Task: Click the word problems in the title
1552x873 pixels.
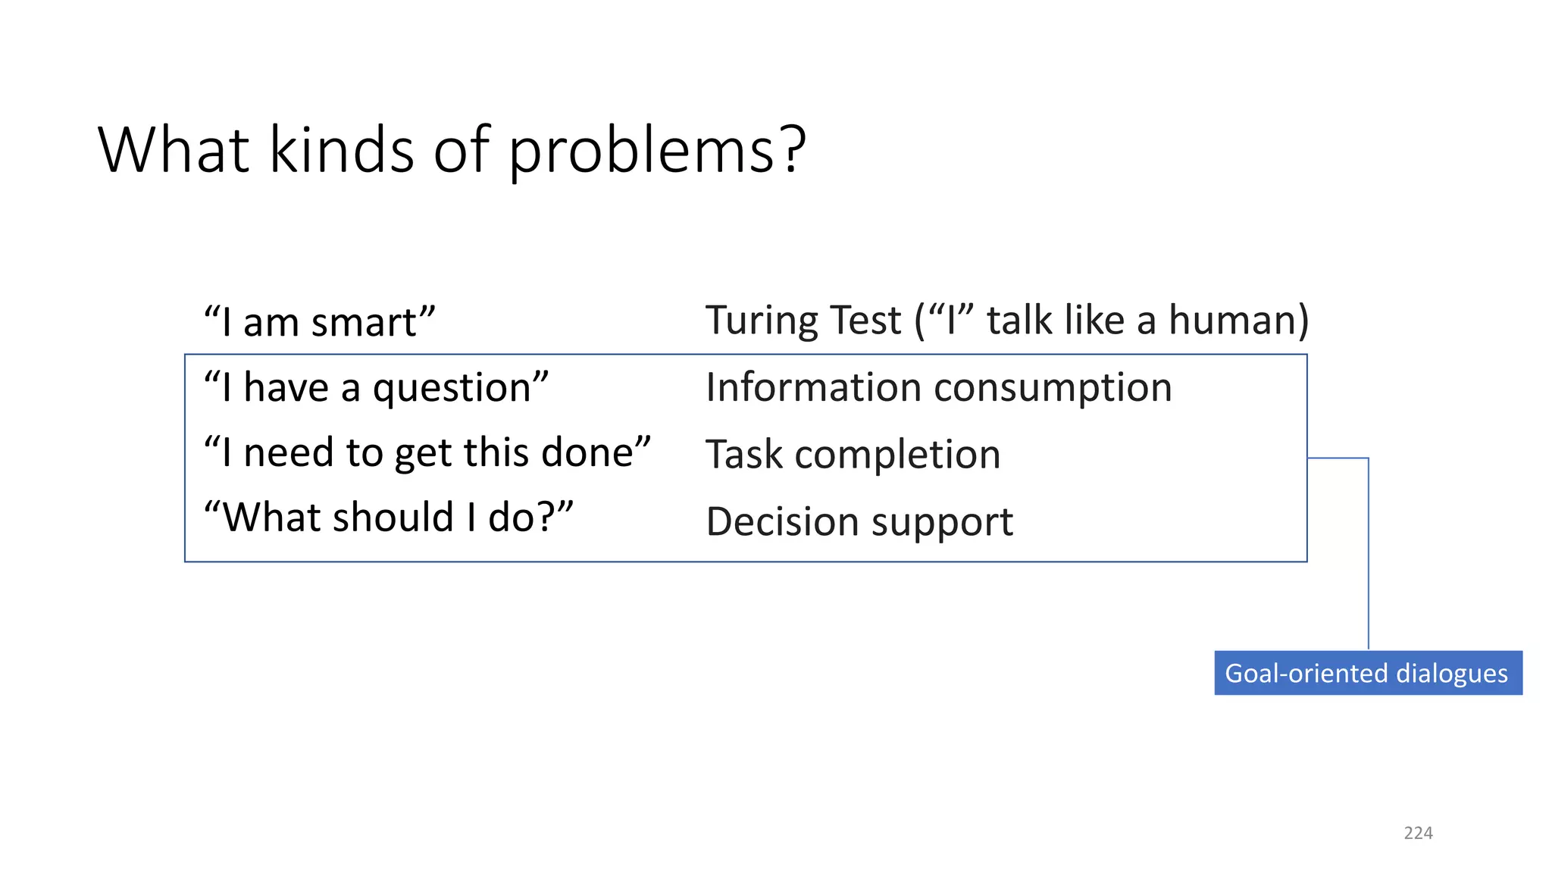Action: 656,152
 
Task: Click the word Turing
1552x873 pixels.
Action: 765,321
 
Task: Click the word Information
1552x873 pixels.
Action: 813,387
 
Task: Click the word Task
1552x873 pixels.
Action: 743,455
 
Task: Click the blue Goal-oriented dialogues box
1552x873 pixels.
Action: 1367,673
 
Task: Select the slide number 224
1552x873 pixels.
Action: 1418,833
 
